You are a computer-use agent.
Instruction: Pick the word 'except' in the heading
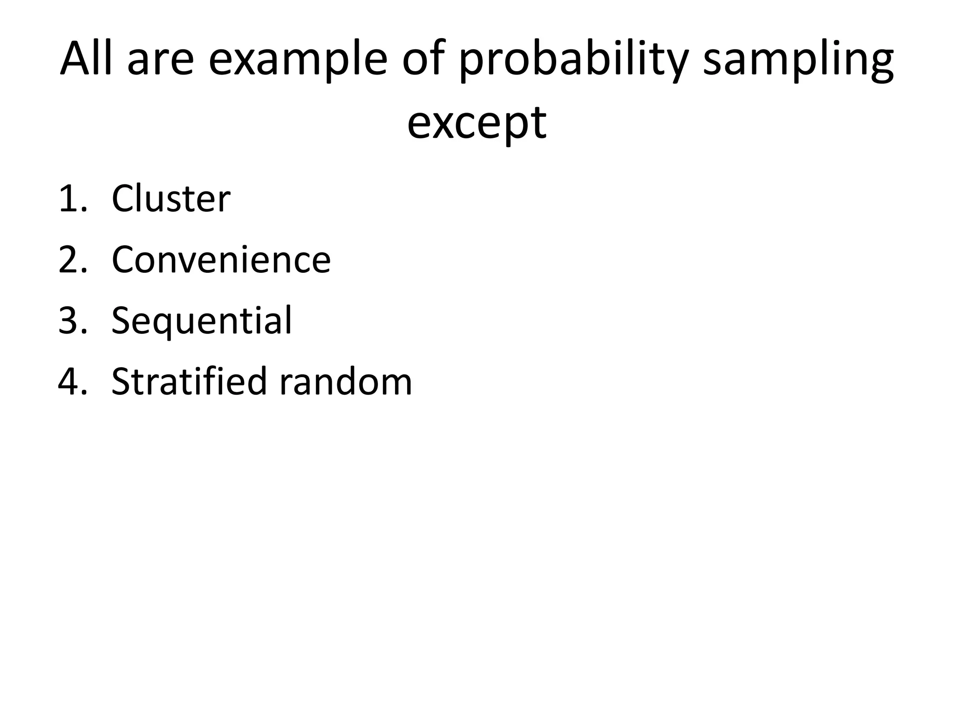tap(477, 124)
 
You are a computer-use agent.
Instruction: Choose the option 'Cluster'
tap(171, 199)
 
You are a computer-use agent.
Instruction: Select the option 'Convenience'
tap(221, 260)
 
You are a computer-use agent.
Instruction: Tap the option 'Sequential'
tap(202, 321)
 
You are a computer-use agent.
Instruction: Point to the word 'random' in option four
tap(346, 382)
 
